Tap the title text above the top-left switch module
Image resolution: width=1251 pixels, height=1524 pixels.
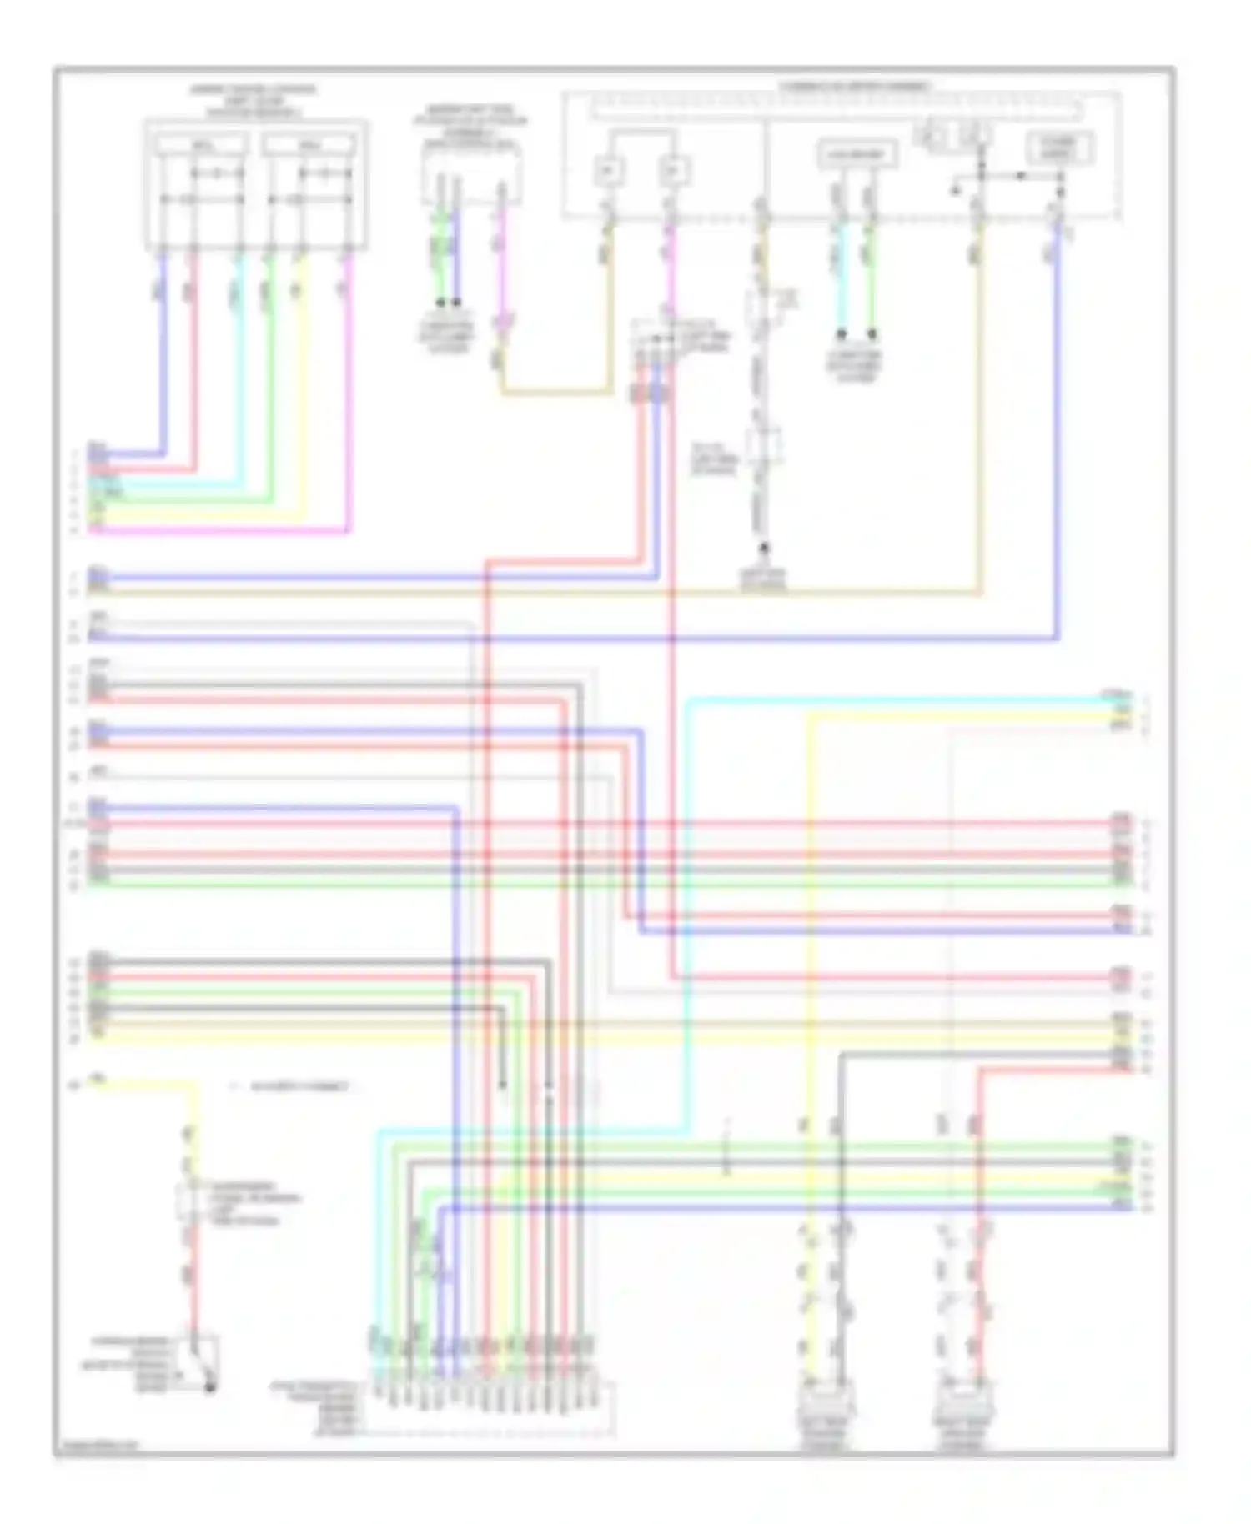click(254, 99)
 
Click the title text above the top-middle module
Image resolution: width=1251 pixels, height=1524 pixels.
click(471, 126)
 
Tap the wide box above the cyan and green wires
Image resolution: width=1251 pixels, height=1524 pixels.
click(857, 155)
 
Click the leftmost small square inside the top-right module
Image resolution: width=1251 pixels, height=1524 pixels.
click(609, 171)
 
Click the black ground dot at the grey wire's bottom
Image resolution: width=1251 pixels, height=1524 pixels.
click(763, 549)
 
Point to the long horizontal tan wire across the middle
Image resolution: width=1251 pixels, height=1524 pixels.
click(534, 593)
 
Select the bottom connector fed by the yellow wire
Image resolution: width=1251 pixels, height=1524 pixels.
click(825, 1402)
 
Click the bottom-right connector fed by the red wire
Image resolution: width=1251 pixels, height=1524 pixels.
click(966, 1402)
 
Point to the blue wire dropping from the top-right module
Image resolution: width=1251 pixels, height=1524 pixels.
click(1058, 434)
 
